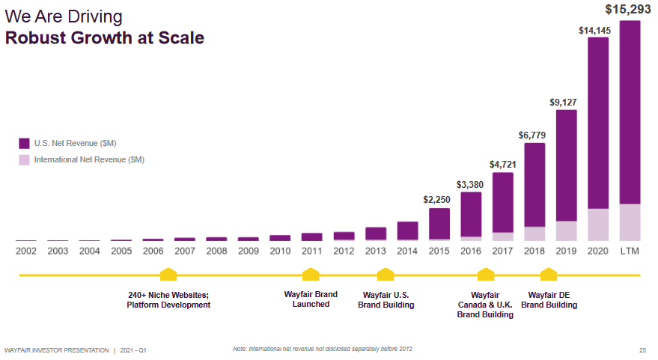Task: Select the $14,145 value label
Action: pos(597,30)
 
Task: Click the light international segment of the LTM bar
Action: pos(630,222)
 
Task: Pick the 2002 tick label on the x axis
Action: pos(26,251)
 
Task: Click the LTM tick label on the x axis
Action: pos(630,251)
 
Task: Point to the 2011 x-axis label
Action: pos(311,251)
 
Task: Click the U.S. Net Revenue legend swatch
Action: pos(24,143)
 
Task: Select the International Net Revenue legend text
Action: pos(89,159)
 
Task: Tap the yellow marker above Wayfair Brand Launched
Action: pos(311,275)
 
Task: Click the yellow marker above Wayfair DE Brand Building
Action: pos(549,275)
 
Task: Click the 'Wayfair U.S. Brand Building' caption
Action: pos(386,299)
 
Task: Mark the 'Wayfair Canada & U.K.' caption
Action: pos(485,305)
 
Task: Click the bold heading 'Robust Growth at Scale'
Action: pos(105,37)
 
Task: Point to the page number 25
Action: pos(642,350)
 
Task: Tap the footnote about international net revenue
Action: pos(323,349)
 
